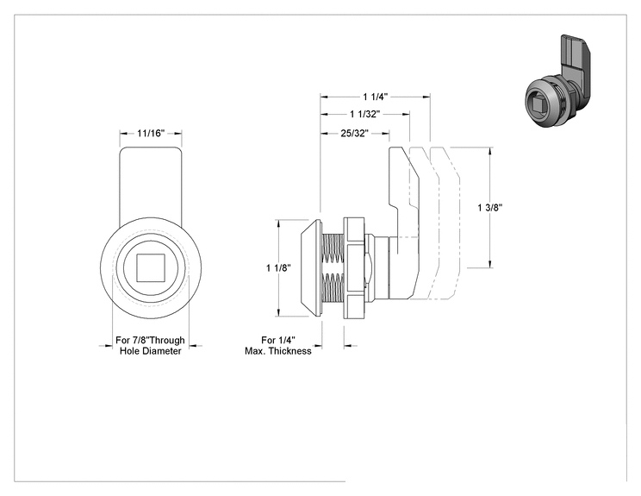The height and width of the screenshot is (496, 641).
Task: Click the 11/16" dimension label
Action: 151,134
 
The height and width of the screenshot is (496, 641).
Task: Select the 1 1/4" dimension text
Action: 375,97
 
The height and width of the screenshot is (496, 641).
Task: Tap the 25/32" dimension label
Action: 354,134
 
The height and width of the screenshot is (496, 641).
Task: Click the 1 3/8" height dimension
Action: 489,208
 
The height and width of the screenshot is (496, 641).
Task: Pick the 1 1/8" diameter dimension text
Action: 278,268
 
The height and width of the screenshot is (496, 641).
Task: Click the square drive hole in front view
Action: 151,268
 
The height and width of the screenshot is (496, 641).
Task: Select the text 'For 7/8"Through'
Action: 150,341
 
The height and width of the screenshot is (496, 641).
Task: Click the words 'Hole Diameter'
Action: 150,351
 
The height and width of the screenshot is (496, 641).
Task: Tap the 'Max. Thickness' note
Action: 278,351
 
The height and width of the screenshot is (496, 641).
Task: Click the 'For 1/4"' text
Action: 278,341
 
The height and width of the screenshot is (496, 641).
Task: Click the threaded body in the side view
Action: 333,268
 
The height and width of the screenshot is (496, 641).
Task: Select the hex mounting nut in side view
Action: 354,268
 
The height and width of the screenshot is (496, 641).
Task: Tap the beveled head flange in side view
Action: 311,268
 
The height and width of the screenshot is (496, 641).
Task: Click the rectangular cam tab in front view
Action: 151,184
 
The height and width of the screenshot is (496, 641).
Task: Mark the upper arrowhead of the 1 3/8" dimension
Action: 490,151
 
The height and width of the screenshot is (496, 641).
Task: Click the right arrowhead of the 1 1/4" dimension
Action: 426,97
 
